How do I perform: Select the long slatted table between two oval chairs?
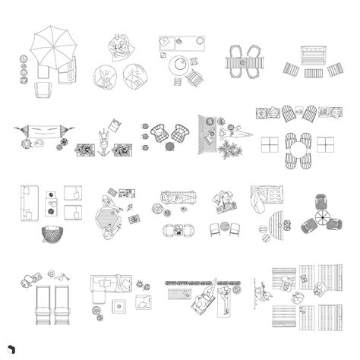click(x=244, y=61)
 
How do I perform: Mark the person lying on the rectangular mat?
click(x=228, y=298)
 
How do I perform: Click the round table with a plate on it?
click(x=181, y=65)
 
